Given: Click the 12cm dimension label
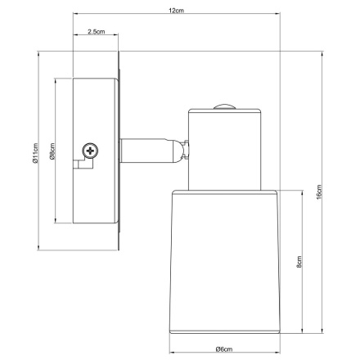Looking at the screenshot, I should [x=174, y=10].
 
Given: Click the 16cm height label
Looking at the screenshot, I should [x=321, y=196].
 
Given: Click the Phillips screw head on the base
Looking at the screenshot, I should [x=91, y=150].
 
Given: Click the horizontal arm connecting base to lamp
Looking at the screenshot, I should [x=147, y=150].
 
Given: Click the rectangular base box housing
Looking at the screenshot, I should [x=96, y=152].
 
